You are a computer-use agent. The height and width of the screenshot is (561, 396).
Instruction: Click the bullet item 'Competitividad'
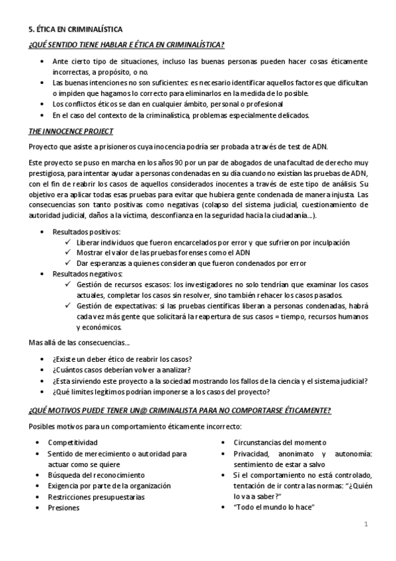coord(73,442)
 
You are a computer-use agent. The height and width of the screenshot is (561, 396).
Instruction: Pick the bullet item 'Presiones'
coord(63,507)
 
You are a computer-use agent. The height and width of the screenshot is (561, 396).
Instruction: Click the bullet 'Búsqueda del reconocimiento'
coord(96,475)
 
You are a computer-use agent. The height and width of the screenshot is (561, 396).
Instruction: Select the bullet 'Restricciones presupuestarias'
coord(97,497)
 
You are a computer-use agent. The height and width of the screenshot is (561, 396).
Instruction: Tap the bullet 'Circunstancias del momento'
coord(280,442)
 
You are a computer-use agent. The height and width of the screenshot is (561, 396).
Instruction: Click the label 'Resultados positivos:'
coord(87,232)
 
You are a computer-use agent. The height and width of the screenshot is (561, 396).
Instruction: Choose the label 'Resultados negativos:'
coord(87,273)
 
